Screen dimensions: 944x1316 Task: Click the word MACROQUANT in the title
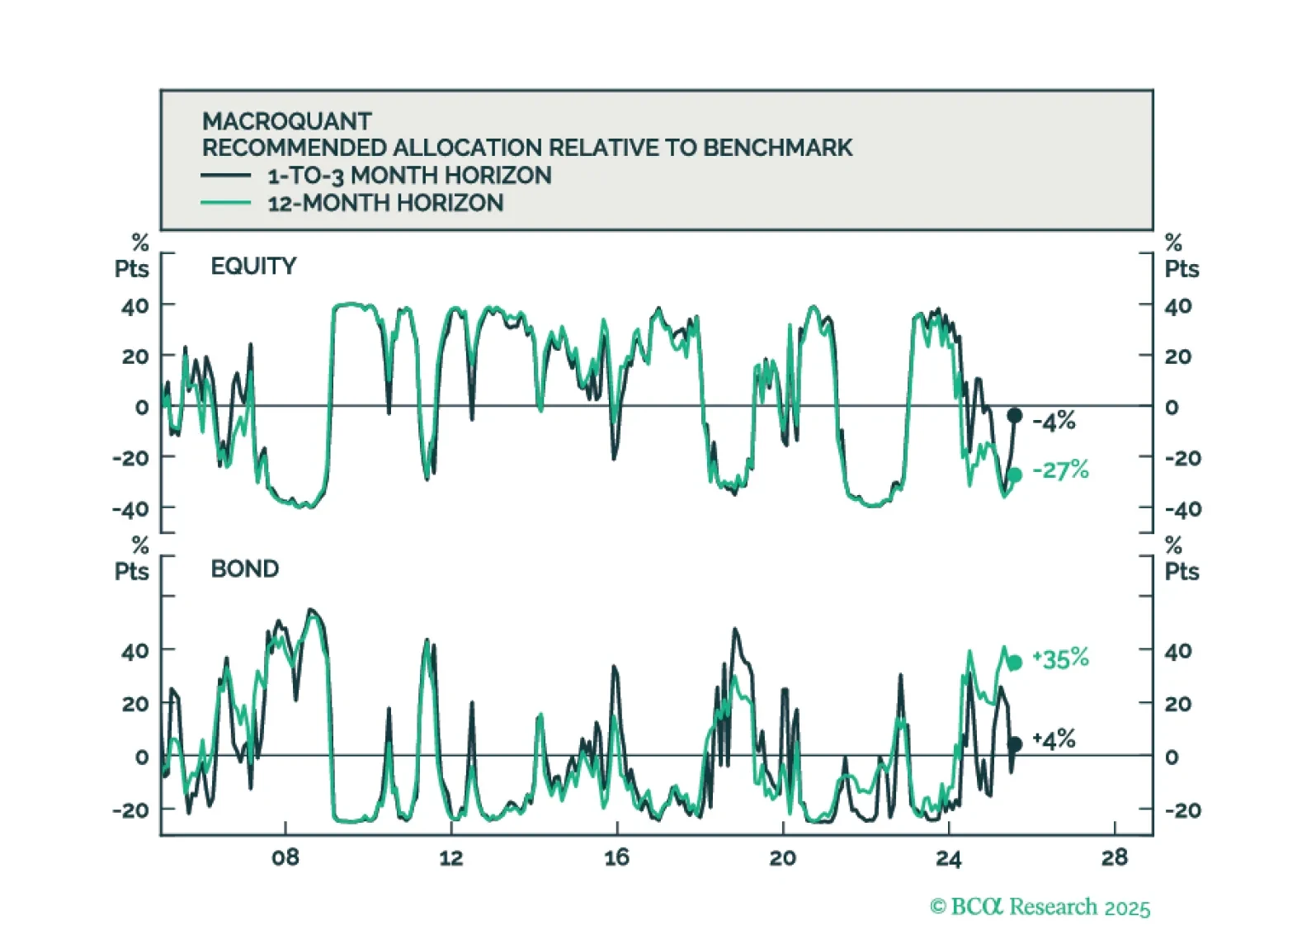tap(286, 121)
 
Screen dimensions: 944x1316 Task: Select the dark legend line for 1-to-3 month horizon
tap(225, 175)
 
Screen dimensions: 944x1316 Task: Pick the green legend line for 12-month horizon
tap(225, 203)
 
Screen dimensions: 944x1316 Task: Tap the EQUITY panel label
tap(253, 267)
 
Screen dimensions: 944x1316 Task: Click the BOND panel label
tap(245, 569)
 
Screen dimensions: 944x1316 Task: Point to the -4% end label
tap(1054, 422)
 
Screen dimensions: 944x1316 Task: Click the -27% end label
tap(1061, 470)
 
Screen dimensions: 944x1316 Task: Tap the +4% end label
tap(1054, 739)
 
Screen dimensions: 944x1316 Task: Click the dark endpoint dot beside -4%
tap(1015, 415)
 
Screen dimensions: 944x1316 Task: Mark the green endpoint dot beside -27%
tap(1015, 474)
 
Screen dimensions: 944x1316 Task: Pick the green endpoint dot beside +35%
tap(1015, 663)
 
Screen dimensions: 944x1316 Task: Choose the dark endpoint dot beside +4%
tap(1015, 743)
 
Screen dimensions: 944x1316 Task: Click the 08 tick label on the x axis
tap(285, 858)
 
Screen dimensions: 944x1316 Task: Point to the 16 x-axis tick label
tap(616, 858)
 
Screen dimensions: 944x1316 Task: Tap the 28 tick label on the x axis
tap(1114, 858)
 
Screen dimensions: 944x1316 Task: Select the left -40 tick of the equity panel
tap(131, 509)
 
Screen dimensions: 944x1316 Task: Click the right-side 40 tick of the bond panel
tap(1177, 651)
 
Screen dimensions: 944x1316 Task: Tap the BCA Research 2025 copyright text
tap(1040, 907)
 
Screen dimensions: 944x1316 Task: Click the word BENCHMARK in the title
tap(777, 148)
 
